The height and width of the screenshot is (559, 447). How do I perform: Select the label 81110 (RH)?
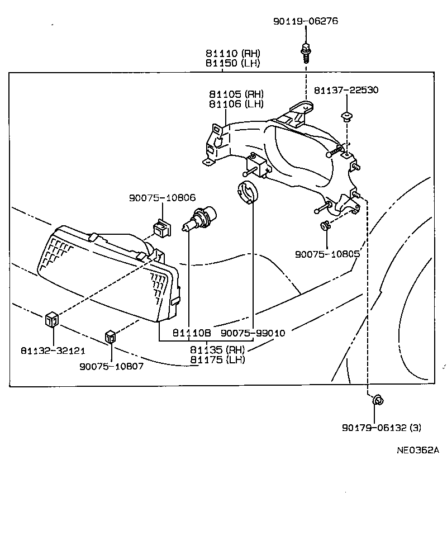233,54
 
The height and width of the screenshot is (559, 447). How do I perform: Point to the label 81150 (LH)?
233,63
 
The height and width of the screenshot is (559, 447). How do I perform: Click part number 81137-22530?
346,90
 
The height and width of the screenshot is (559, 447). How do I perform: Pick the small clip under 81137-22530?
346,117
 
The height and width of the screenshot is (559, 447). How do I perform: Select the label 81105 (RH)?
236,94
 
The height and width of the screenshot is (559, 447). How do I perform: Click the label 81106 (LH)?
236,103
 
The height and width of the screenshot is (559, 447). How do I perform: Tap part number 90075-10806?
162,197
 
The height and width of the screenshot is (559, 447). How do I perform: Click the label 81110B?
191,333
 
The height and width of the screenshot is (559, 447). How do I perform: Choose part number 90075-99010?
253,333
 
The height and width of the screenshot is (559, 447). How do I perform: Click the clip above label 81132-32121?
51,320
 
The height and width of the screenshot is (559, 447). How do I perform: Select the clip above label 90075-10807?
111,337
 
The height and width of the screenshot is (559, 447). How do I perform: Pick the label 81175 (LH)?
218,359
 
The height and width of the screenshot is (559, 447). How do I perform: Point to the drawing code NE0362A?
419,450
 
